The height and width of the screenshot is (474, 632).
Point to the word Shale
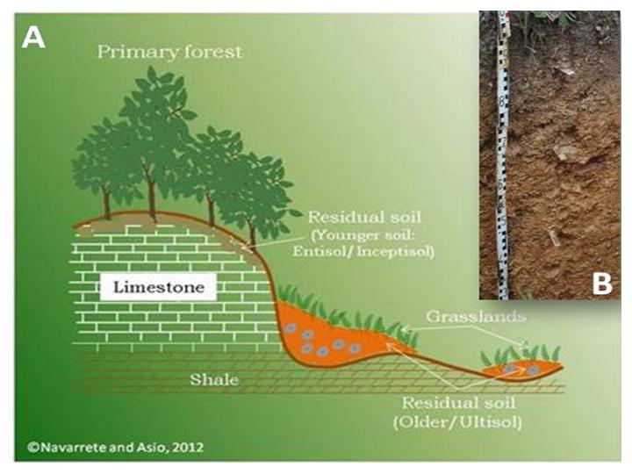click(x=214, y=379)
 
